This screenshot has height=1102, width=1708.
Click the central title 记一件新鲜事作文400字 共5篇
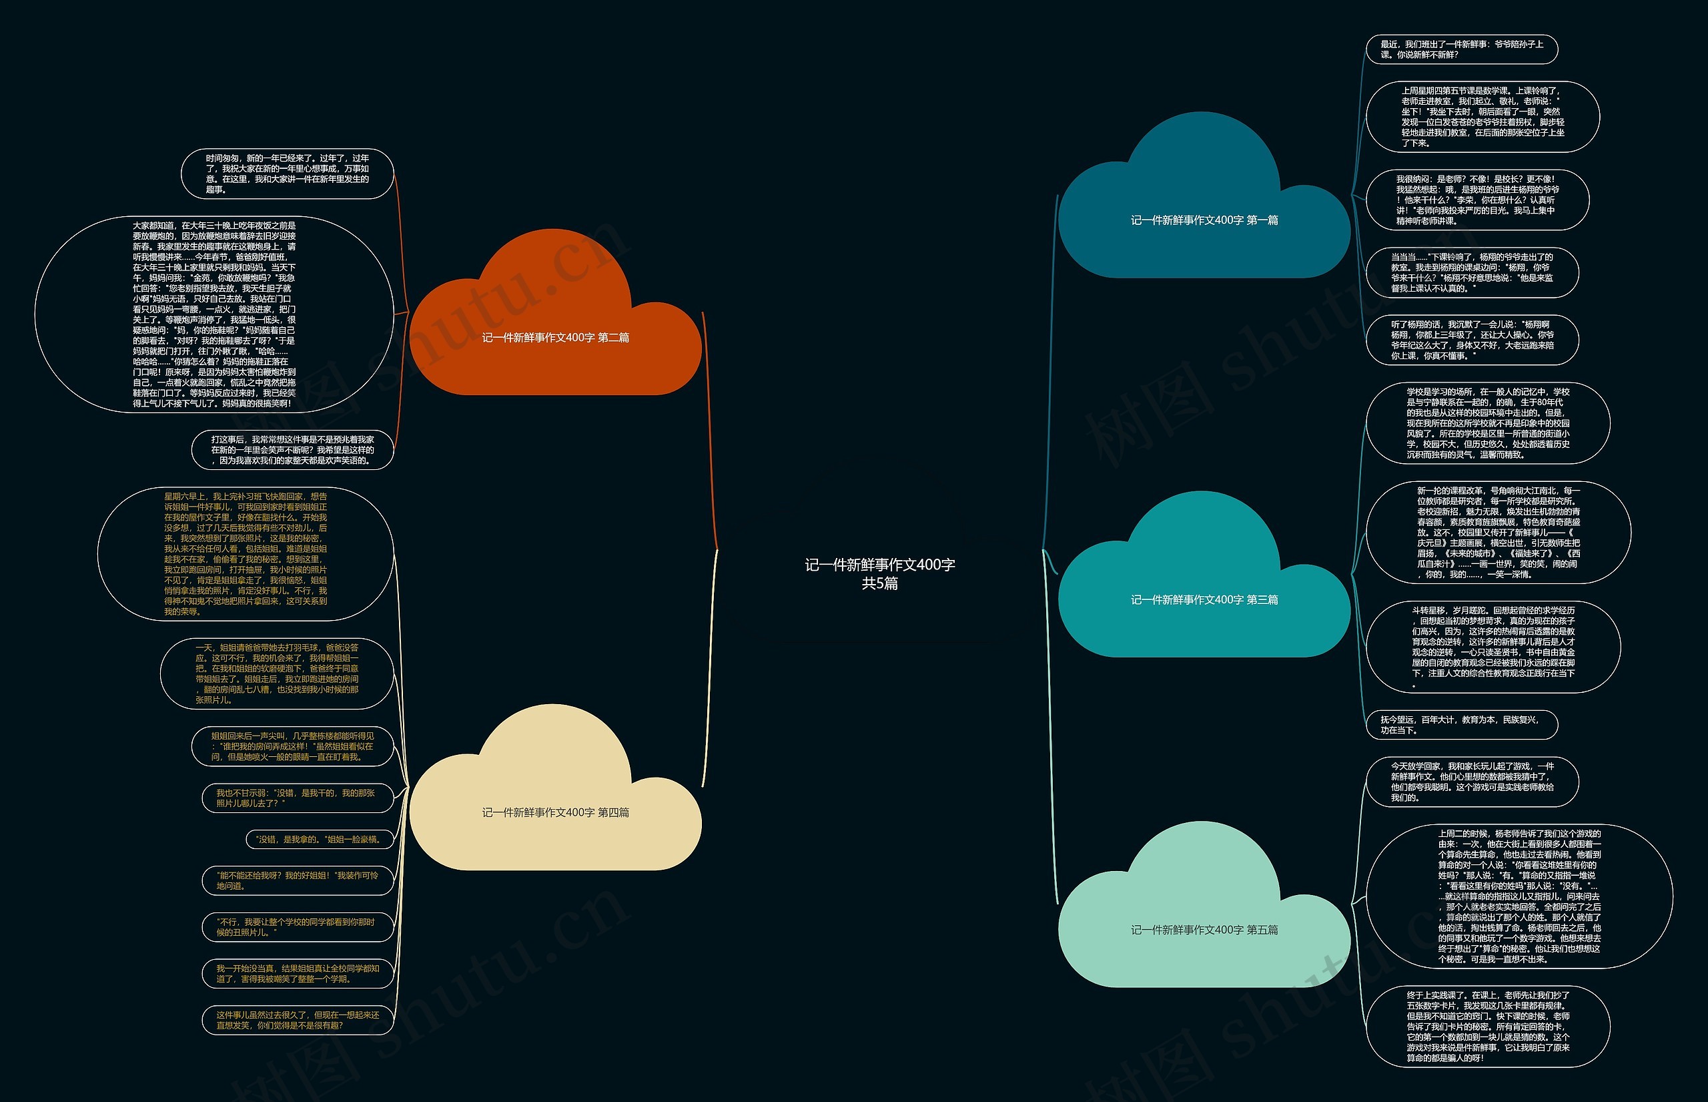[x=880, y=573]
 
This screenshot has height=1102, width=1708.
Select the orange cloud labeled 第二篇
[x=555, y=337]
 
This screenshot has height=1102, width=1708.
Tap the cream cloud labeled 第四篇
[x=555, y=812]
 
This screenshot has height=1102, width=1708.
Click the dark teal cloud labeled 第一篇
[x=1204, y=220]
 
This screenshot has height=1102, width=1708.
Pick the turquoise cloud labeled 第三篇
[x=1204, y=599]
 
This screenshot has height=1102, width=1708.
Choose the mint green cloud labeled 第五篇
[x=1204, y=929]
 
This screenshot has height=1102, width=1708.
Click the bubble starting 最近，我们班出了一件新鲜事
[x=1461, y=49]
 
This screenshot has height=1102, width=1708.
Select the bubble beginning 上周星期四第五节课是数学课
[x=1482, y=117]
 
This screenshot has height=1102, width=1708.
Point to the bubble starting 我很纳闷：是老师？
[x=1477, y=200]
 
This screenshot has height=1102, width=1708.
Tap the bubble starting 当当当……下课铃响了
[x=1472, y=272]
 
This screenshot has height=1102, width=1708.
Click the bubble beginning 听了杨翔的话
[x=1472, y=340]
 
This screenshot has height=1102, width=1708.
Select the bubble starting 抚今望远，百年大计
[x=1461, y=725]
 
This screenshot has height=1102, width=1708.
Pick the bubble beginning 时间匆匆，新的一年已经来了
[x=288, y=174]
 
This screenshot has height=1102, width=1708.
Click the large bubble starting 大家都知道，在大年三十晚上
[x=214, y=314]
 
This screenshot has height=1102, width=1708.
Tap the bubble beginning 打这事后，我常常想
[x=292, y=449]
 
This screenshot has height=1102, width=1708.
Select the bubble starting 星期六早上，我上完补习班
[x=246, y=554]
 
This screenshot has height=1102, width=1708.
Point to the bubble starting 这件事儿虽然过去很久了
[x=298, y=1020]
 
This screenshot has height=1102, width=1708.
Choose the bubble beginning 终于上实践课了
[x=1488, y=1025]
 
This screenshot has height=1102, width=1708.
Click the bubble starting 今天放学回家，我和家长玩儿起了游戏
[x=1472, y=782]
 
